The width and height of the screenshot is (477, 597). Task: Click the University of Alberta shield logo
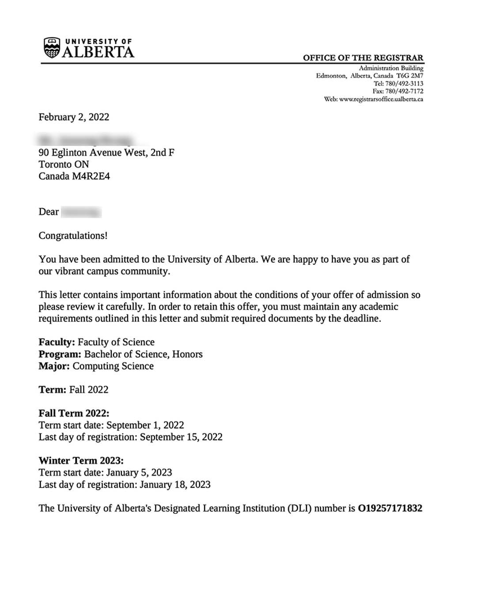click(52, 48)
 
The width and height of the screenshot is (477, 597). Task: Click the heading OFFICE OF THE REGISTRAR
click(363, 58)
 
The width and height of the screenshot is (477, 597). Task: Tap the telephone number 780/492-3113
click(404, 84)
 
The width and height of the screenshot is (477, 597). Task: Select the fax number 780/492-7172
click(404, 91)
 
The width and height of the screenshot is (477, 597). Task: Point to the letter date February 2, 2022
click(74, 117)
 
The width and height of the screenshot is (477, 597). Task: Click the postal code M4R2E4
click(91, 176)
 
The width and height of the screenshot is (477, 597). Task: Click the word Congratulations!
click(73, 236)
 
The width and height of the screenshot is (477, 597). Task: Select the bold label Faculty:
click(57, 342)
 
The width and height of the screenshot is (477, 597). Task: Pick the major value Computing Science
click(113, 366)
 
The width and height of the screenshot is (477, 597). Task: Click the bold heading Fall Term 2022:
click(74, 413)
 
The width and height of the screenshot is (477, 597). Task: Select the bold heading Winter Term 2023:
click(81, 461)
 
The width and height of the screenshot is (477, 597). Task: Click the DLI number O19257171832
click(390, 509)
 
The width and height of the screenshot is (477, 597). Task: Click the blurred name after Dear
click(81, 212)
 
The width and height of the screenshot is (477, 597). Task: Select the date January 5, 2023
click(139, 473)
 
